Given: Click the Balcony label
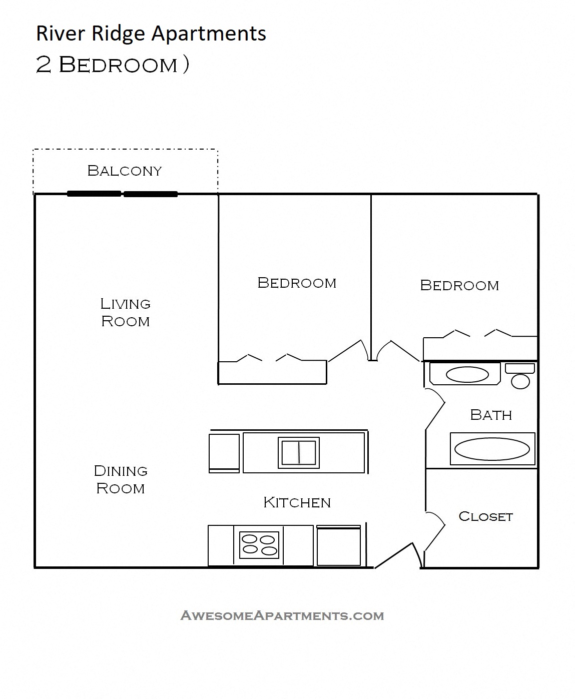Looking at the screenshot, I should [125, 171].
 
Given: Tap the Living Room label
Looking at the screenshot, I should [125, 312].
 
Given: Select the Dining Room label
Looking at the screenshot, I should [121, 479].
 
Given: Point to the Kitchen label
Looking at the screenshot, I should [297, 502].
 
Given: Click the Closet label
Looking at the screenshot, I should [485, 516].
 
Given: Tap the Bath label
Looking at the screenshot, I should [491, 415].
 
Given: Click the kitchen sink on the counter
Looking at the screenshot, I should [299, 452].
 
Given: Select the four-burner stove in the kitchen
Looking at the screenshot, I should [259, 545].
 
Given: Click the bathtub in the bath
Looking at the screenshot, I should [492, 449].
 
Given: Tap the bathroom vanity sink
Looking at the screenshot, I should [467, 374].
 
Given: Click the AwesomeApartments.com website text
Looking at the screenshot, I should [282, 615].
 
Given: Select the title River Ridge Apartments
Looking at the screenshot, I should [151, 34].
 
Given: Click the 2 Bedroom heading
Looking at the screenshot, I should [112, 65].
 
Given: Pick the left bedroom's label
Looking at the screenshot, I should [297, 283].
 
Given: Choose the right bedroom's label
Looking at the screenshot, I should [459, 285].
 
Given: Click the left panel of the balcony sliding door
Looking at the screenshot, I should [94, 194].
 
